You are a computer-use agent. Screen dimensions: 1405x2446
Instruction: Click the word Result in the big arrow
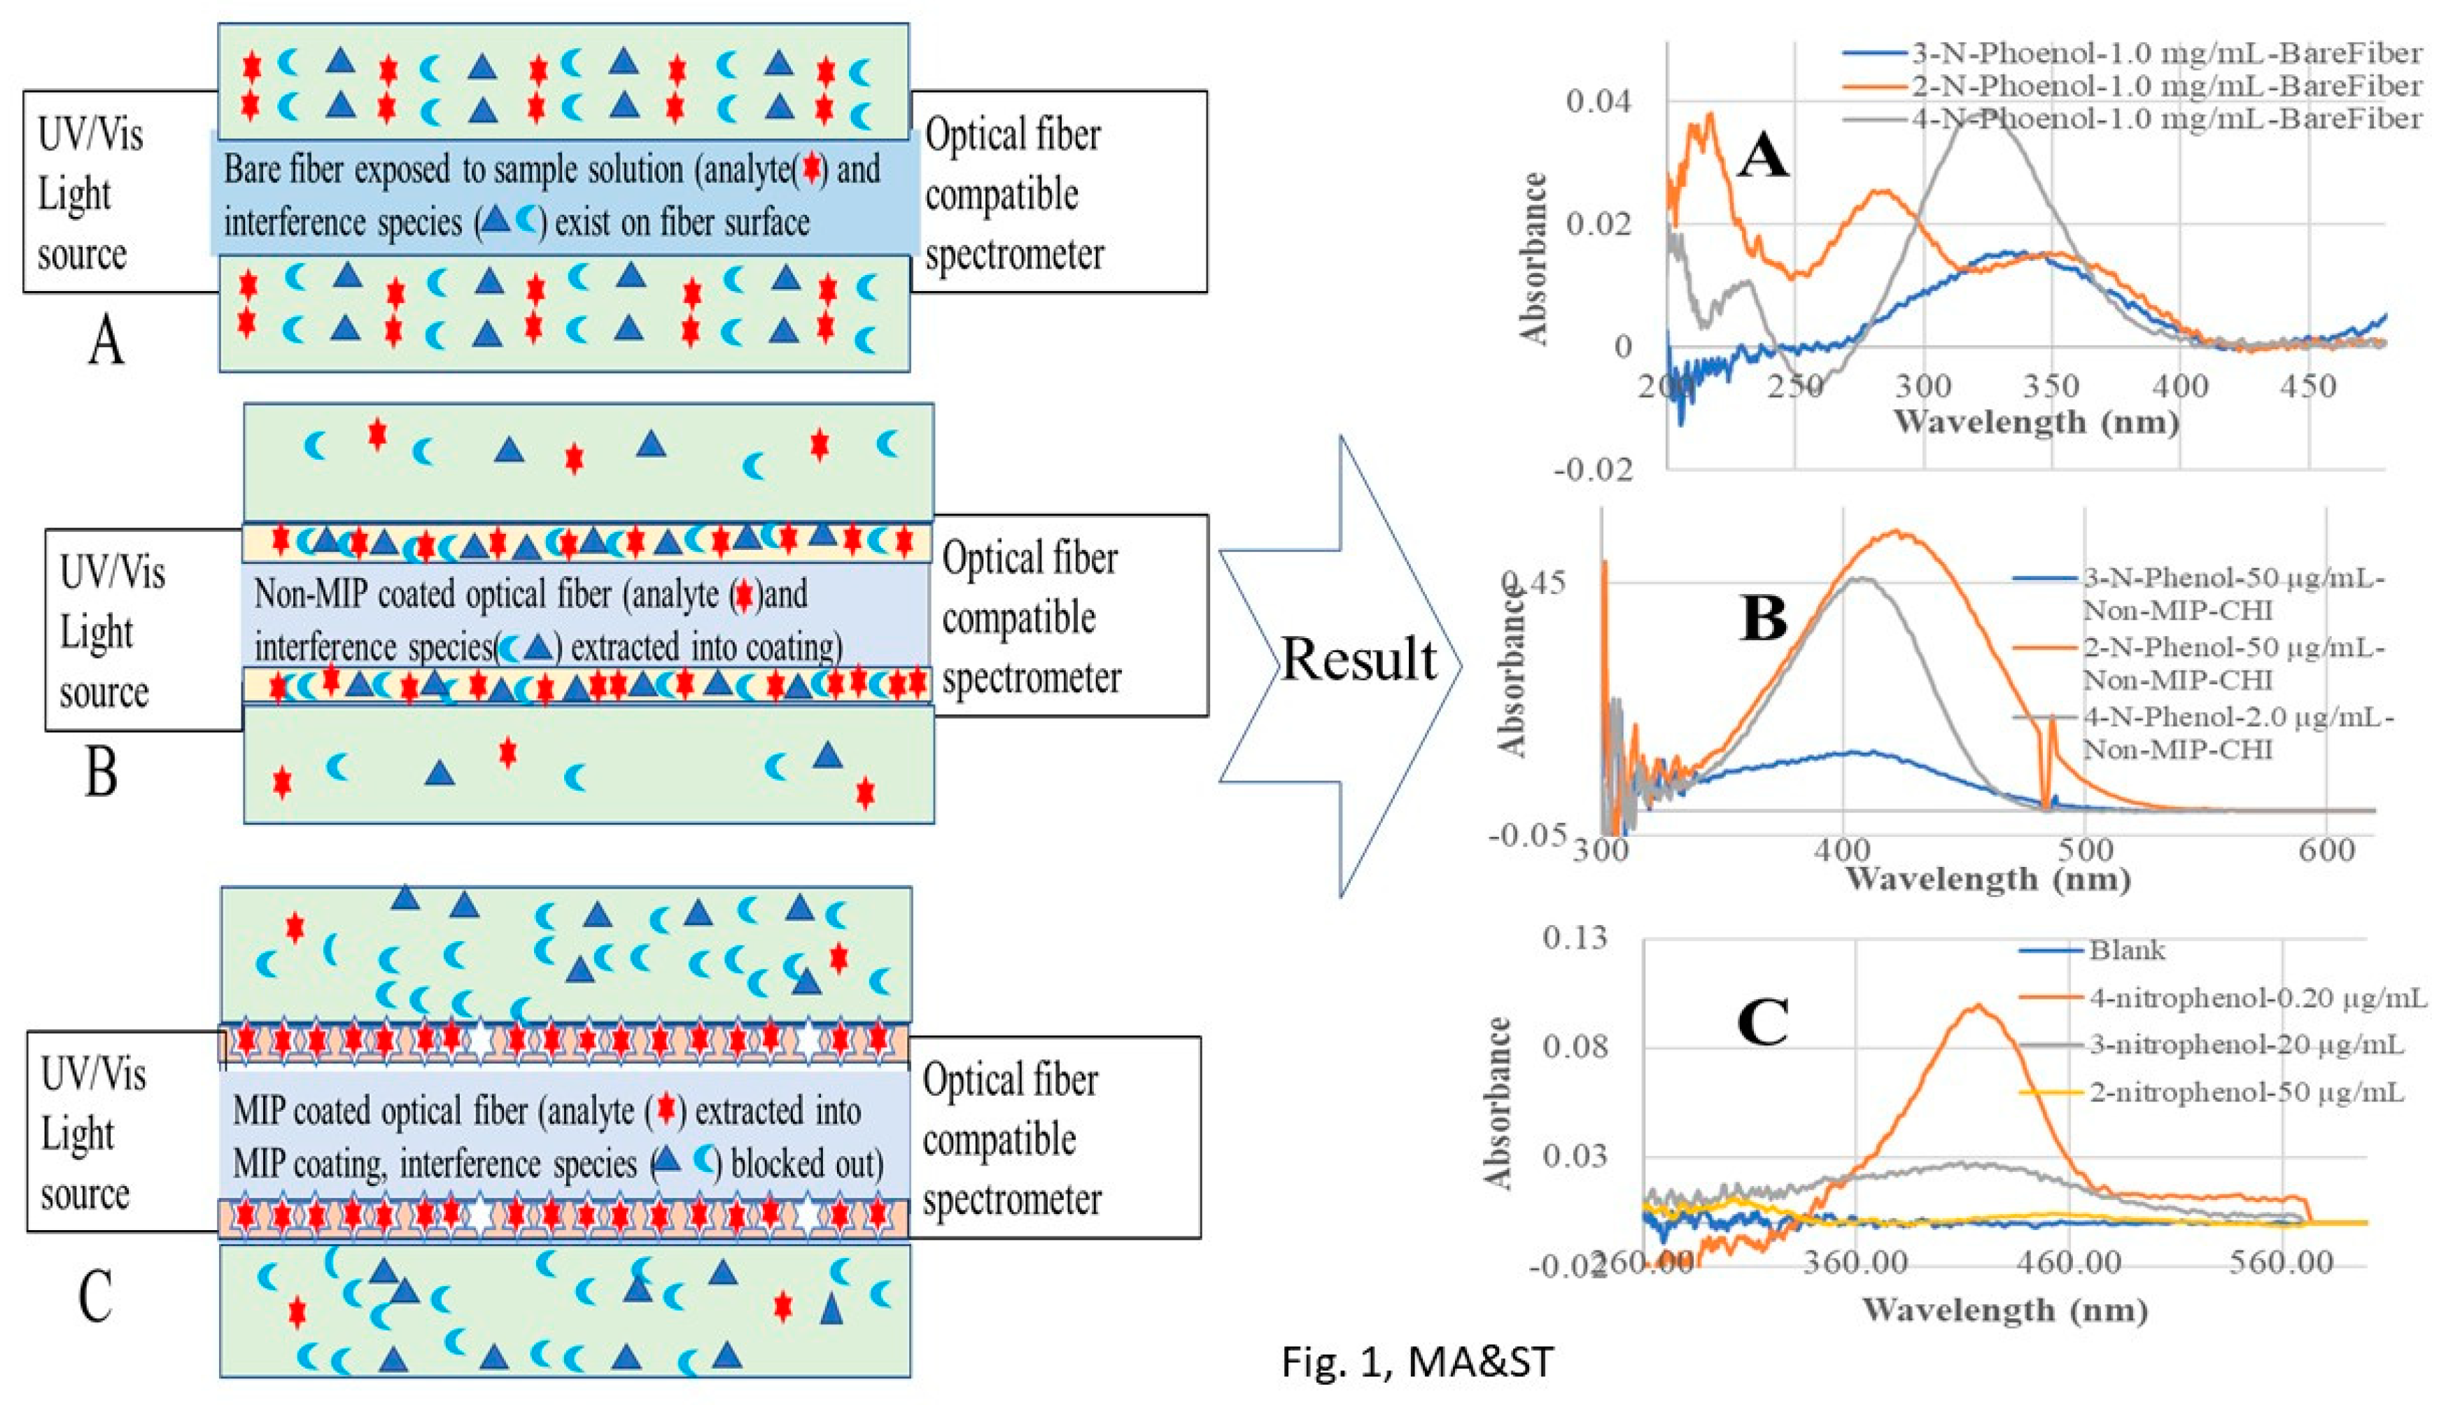[x=1358, y=661]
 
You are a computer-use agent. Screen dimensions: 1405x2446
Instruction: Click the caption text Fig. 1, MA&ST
[x=1417, y=1362]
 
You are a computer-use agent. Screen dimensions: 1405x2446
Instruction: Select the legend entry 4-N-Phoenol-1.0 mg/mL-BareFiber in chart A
[x=2165, y=119]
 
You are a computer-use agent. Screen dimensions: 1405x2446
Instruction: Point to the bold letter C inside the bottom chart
[x=1762, y=1023]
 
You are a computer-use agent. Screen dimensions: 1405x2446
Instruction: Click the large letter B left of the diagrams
[x=101, y=772]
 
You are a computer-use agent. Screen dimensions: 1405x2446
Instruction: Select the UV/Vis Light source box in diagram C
[x=122, y=1132]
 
